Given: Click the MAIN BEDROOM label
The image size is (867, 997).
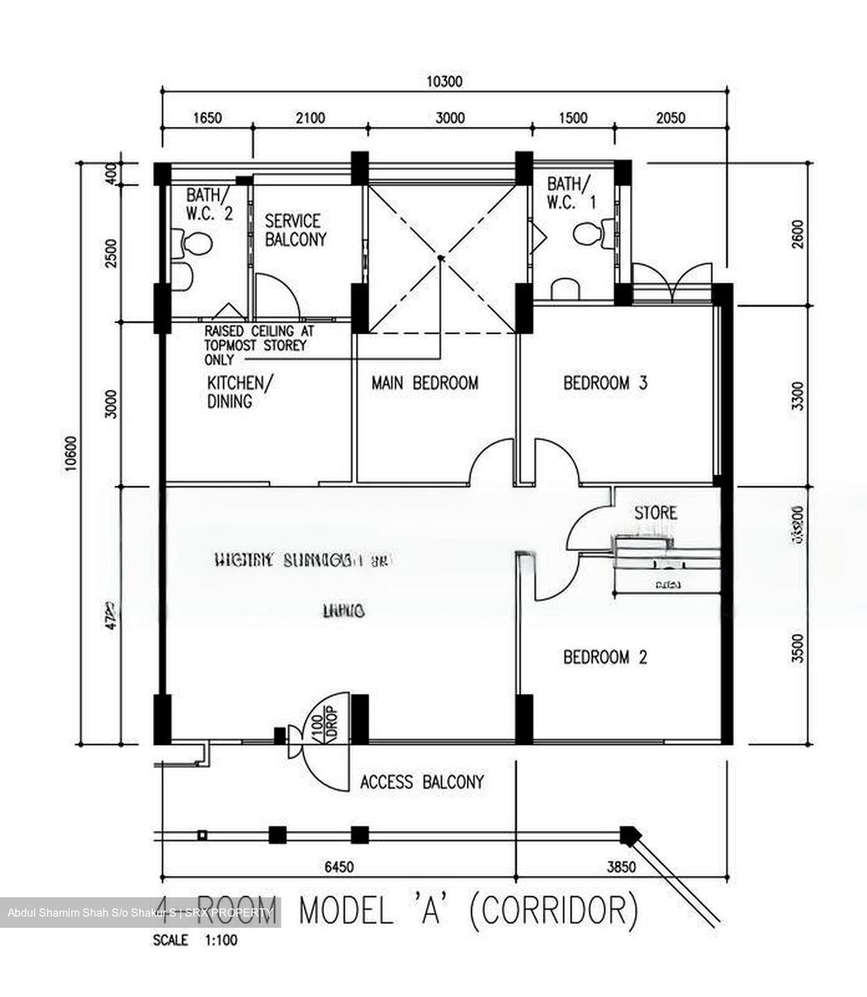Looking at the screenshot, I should click(x=424, y=383).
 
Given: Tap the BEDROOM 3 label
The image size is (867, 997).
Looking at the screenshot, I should click(x=605, y=383).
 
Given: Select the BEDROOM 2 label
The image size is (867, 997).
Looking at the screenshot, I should click(x=605, y=656).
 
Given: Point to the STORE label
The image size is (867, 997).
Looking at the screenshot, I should click(x=655, y=513).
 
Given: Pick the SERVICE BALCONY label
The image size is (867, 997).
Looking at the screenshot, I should click(x=295, y=231).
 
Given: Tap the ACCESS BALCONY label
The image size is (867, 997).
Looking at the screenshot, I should click(x=422, y=782).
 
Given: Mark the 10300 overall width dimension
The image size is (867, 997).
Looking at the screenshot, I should click(x=444, y=82).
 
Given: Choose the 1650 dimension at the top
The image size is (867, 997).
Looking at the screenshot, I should click(x=206, y=118).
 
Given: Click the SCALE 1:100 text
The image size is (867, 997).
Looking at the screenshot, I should click(x=195, y=941).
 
